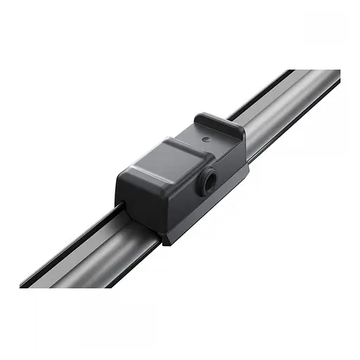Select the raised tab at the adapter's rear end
(219, 125)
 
